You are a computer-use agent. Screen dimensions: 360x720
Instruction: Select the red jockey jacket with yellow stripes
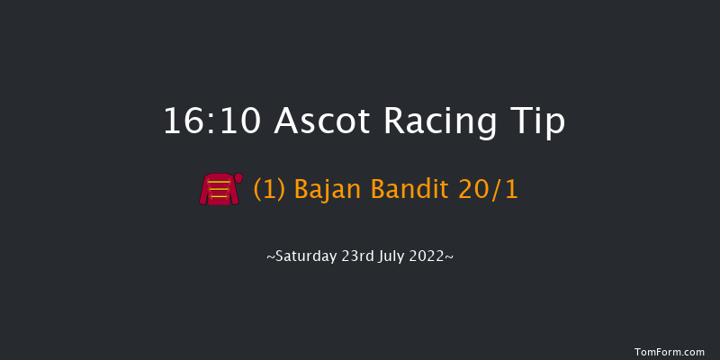219,190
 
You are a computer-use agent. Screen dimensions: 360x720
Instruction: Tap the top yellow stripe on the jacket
219,183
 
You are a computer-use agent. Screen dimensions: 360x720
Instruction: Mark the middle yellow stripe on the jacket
219,189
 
